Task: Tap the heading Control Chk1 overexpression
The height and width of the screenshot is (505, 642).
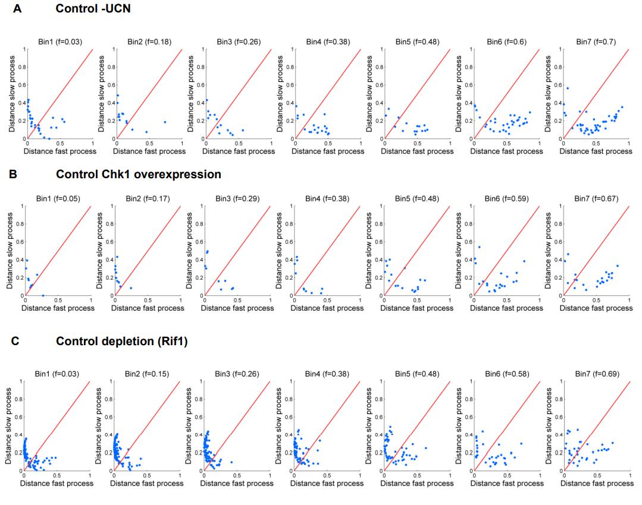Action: click(x=139, y=174)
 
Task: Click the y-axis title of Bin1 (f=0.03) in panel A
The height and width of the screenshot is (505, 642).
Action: click(x=12, y=94)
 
